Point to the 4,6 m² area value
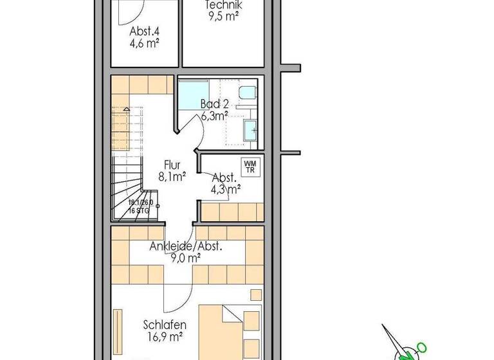pos(144,44)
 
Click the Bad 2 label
pos(215,104)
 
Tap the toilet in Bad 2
pos(246,94)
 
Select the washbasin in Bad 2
pos(250,130)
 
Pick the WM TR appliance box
pos(250,166)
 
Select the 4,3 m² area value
pos(226,189)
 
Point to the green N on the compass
pos(421,347)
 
